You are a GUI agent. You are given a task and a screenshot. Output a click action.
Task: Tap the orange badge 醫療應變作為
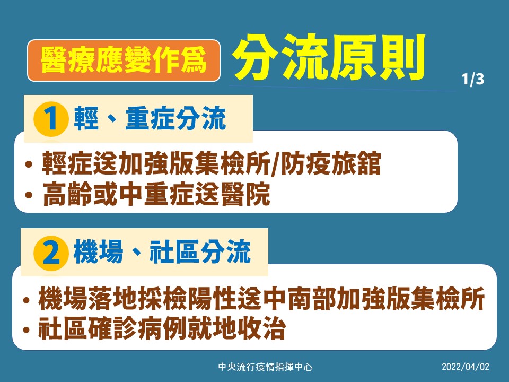pos(124,60)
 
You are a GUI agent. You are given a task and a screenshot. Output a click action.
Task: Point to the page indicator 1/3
pos(472,81)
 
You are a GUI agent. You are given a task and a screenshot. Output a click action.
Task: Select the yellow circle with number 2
pos(51,253)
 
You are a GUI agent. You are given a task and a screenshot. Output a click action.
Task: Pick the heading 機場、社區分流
pos(162,253)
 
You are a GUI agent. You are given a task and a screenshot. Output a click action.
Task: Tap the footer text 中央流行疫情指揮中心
pos(266,367)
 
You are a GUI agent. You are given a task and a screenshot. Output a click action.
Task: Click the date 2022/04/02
pos(466,367)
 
